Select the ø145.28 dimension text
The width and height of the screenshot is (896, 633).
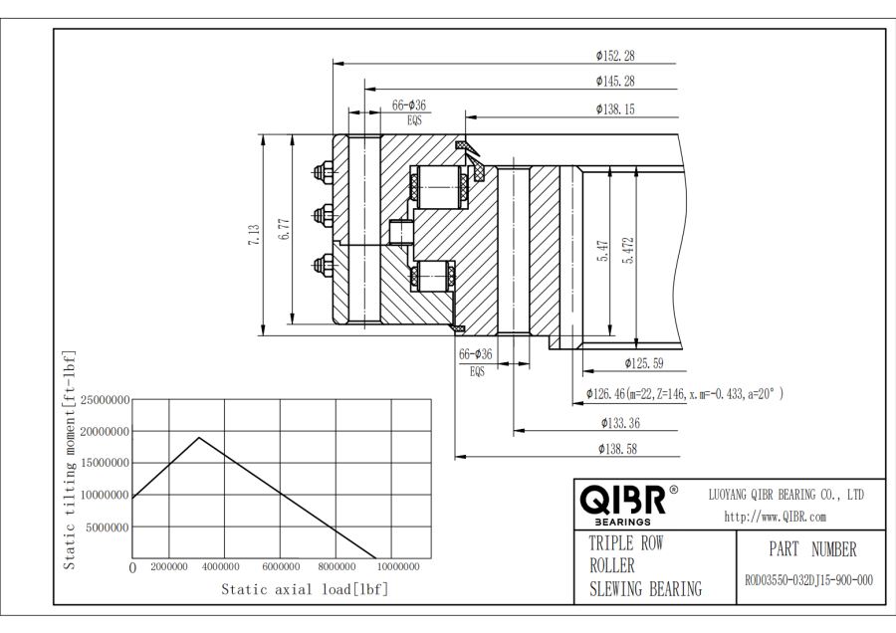click(x=615, y=81)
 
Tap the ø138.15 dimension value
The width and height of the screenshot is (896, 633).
click(x=615, y=108)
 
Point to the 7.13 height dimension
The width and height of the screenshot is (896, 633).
click(x=254, y=236)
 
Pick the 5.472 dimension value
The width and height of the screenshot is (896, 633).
click(x=628, y=250)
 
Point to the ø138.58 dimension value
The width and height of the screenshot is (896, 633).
click(x=617, y=449)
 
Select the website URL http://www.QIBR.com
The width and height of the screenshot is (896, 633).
click(x=775, y=517)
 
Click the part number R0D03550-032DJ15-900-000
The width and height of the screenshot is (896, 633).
click(x=808, y=580)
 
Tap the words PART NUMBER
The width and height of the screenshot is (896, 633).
click(x=811, y=549)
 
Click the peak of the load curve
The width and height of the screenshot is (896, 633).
click(x=199, y=438)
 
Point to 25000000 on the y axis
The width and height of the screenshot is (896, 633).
click(x=105, y=400)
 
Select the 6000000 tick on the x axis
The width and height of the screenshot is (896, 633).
click(x=282, y=567)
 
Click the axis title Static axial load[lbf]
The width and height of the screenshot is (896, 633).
click(x=305, y=589)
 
